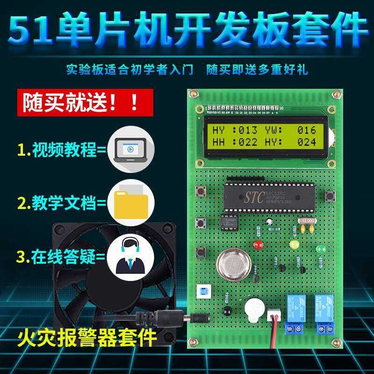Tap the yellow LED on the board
pyautogui.click(x=294, y=244)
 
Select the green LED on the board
pyautogui.click(x=320, y=248)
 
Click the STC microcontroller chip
pyautogui.click(x=268, y=196)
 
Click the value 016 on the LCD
pyautogui.click(x=307, y=130)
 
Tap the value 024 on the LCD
pyautogui.click(x=307, y=142)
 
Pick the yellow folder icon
pyautogui.click(x=131, y=203)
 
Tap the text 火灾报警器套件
pyautogui.click(x=87, y=336)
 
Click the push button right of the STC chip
pyautogui.click(x=332, y=195)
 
